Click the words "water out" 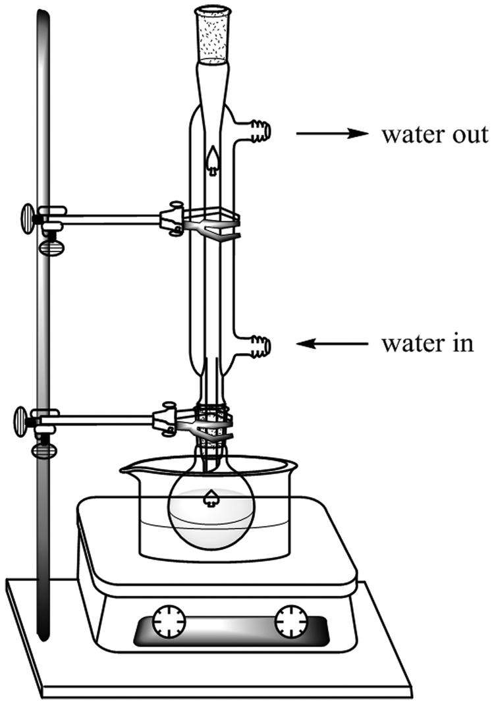tap(435, 134)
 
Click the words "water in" tap(427, 344)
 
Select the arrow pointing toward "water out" tap(332, 133)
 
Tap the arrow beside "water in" tap(332, 344)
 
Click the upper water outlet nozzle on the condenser tap(259, 130)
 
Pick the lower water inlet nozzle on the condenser tap(259, 346)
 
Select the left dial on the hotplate tap(169, 621)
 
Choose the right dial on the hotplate tap(291, 621)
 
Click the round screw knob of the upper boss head tap(28, 219)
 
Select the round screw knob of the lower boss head tap(21, 421)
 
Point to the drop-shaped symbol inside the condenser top tap(213, 160)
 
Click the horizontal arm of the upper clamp tap(112, 219)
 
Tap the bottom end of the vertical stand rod tap(43, 637)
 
